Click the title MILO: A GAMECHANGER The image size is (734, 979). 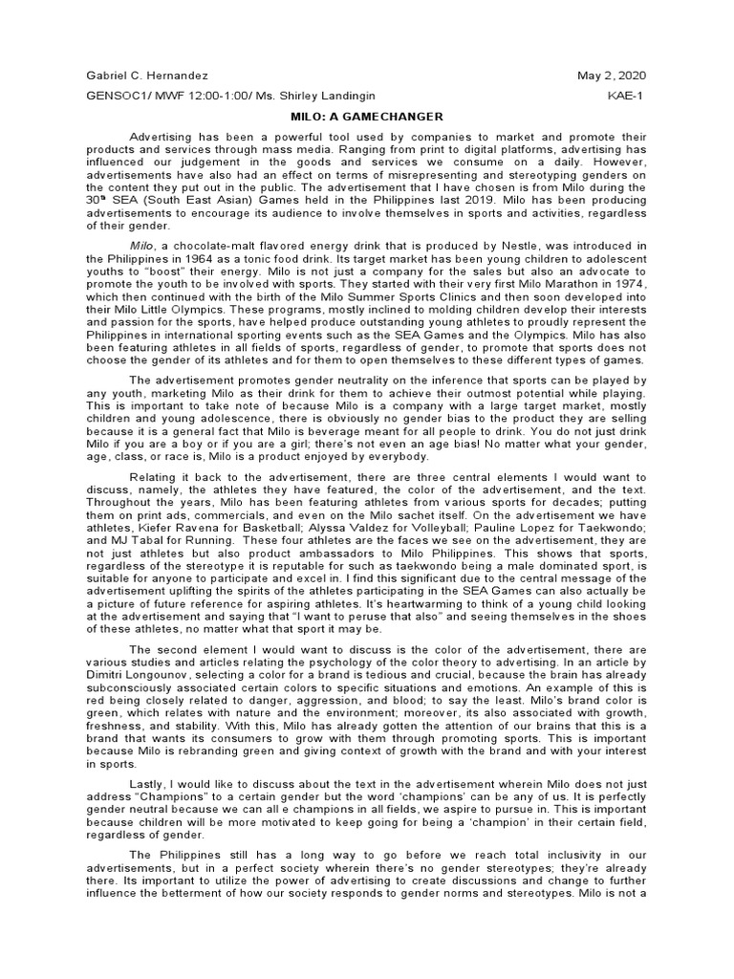coord(367,117)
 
